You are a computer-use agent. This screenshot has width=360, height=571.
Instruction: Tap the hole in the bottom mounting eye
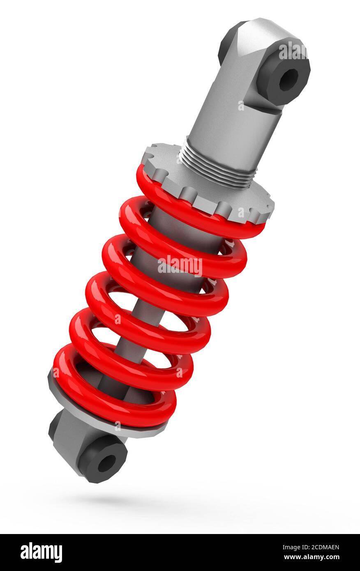coord(106,463)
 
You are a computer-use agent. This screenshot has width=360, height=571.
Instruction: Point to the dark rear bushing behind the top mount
coord(227,41)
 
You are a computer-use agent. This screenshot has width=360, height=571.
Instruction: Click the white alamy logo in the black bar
coord(41,553)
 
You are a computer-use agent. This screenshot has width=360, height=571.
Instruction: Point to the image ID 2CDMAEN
coord(311,547)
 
